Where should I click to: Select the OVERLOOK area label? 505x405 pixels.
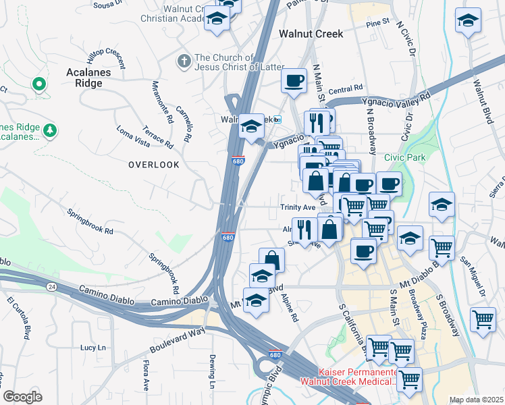click(154, 165)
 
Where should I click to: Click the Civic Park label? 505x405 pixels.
click(405, 157)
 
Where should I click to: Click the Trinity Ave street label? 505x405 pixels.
click(298, 207)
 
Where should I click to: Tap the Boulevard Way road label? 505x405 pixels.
click(178, 342)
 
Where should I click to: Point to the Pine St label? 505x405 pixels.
click(377, 22)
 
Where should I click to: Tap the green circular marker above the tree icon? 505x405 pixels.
click(39, 84)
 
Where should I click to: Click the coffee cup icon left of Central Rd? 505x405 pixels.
click(294, 81)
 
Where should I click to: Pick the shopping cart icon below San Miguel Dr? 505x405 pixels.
click(483, 318)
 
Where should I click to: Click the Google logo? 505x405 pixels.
click(22, 397)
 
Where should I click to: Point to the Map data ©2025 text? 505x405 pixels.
click(477, 400)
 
